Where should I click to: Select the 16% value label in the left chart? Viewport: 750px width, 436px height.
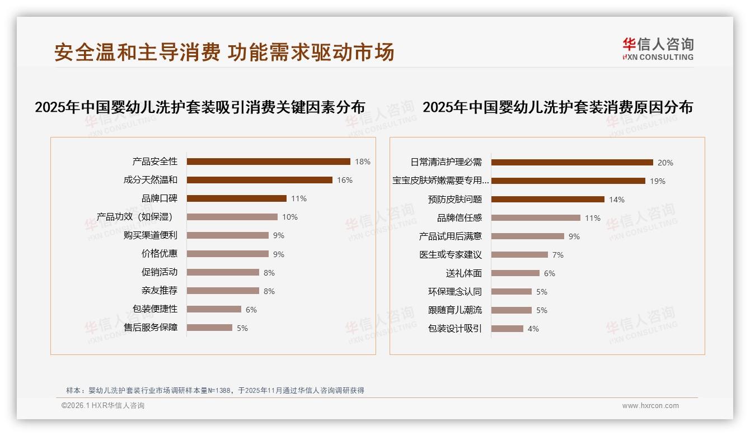tap(345, 180)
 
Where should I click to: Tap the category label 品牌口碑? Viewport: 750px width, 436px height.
tap(160, 198)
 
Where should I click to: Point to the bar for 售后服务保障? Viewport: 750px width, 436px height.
tap(209, 328)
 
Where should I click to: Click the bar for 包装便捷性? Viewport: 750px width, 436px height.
tap(214, 309)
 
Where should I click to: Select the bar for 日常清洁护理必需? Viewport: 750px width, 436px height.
tap(572, 163)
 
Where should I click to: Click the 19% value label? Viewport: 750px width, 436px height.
tap(658, 181)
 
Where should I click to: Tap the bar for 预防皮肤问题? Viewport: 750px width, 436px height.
tap(548, 200)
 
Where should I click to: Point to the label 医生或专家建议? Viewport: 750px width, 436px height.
tap(451, 255)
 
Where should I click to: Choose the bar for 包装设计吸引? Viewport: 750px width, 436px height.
tap(508, 329)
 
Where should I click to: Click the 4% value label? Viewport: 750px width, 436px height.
tap(533, 329)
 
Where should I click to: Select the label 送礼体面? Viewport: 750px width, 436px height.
tap(464, 273)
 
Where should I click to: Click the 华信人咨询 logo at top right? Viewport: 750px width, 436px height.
tap(658, 49)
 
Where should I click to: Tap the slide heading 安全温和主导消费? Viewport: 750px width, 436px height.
tap(137, 52)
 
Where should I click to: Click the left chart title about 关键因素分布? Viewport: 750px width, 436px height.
tap(200, 107)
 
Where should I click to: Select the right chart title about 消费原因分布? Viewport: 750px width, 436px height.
tap(557, 107)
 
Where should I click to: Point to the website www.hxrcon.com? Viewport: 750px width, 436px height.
tap(650, 406)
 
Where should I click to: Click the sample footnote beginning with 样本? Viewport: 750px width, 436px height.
tap(215, 390)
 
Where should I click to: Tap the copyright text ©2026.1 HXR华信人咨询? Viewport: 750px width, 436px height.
tap(103, 406)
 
